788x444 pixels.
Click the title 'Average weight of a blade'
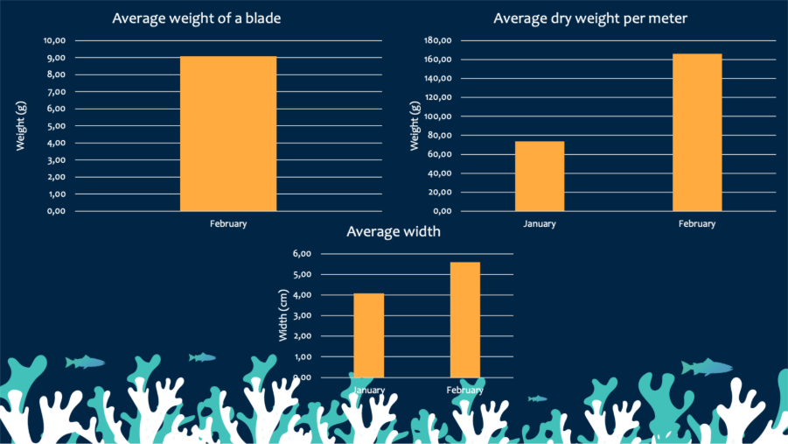tap(197, 18)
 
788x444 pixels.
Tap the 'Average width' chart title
tap(394, 232)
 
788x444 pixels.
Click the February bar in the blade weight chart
tap(228, 133)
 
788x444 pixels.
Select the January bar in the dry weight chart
tap(540, 176)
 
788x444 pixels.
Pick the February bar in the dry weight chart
tap(697, 132)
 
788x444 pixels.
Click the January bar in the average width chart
tap(368, 335)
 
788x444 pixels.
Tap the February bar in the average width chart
tap(465, 319)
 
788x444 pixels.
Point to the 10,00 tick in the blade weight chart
tap(54, 40)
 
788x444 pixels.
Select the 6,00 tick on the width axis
tap(302, 254)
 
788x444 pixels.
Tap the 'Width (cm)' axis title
tap(283, 315)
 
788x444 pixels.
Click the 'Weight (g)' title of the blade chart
tap(21, 126)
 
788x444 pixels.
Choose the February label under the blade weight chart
tap(228, 223)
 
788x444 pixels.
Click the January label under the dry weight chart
tap(540, 223)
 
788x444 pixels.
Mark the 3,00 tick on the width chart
tap(302, 316)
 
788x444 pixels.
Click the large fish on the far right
tap(707, 367)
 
